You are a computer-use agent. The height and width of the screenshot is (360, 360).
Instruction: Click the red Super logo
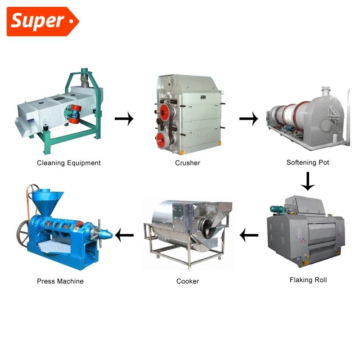pyautogui.click(x=42, y=21)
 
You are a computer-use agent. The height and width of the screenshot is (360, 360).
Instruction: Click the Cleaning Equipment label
pyautogui.click(x=69, y=163)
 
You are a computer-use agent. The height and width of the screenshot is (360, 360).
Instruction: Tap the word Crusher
pyautogui.click(x=188, y=163)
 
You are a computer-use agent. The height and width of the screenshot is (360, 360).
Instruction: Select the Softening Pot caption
pyautogui.click(x=308, y=162)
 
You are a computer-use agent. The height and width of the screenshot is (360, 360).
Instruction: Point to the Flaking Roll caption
pyautogui.click(x=308, y=280)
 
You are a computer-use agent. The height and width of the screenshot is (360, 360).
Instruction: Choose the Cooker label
pyautogui.click(x=188, y=281)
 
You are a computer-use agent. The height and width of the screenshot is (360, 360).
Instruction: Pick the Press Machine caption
pyautogui.click(x=60, y=281)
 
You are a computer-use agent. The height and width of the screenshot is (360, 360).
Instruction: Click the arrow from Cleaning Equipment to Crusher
pyautogui.click(x=124, y=119)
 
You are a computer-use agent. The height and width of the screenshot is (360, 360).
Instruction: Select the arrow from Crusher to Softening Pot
pyautogui.click(x=248, y=119)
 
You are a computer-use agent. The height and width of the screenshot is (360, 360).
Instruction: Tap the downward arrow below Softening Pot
pyautogui.click(x=308, y=181)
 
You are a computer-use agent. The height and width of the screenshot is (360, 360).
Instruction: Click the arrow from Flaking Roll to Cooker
pyautogui.click(x=249, y=234)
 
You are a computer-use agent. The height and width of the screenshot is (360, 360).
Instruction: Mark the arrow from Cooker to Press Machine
pyautogui.click(x=125, y=234)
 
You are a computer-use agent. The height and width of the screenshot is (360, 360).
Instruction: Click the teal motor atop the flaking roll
pyautogui.click(x=276, y=209)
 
